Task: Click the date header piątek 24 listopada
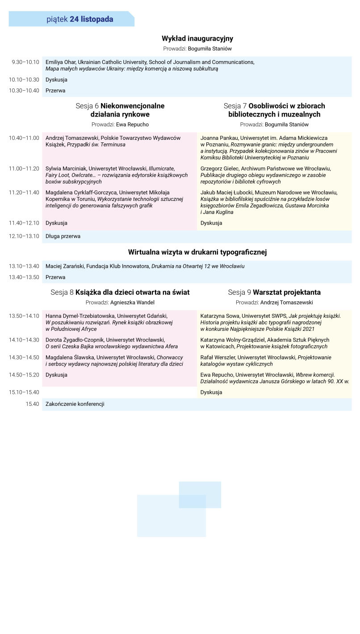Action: [x=80, y=19]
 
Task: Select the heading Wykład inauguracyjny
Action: [x=197, y=39]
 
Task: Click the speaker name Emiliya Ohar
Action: [x=61, y=62]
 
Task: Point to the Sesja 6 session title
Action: [x=120, y=110]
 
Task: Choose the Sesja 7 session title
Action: [x=274, y=110]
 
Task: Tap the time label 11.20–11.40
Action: [x=24, y=192]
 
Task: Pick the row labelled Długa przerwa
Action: [x=63, y=236]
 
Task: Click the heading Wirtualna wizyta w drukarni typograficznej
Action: [x=197, y=252]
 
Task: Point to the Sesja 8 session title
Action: [x=120, y=292]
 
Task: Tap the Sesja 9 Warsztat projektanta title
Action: [x=274, y=292]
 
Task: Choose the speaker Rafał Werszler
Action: [x=218, y=357]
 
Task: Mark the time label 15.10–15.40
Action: [x=24, y=392]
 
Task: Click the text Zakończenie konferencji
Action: [x=75, y=404]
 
